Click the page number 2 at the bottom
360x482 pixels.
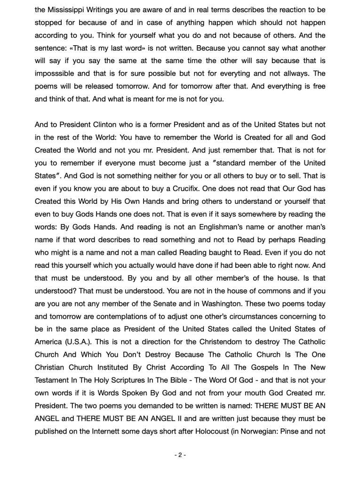(x=180, y=455)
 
